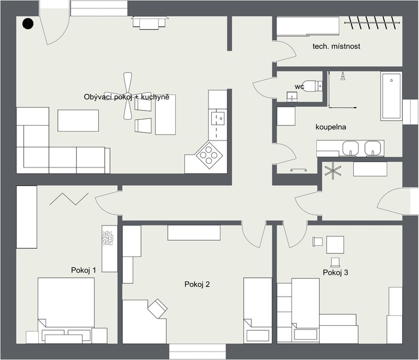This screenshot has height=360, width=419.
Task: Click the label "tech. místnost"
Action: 336,46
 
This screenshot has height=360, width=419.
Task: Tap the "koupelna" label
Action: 330,127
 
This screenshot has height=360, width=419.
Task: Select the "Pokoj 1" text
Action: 83,270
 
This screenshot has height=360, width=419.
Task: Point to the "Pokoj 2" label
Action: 197,284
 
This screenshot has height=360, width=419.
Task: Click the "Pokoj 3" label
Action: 335,273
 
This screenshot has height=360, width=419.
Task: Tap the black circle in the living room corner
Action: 28,24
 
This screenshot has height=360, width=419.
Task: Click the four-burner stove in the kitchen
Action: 209,155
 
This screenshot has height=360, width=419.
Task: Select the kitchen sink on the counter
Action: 217,118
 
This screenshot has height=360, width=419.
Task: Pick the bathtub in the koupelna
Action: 391,96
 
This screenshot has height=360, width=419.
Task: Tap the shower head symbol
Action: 342,77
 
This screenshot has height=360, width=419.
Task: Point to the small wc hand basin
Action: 292,96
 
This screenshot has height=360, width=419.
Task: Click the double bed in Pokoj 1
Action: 66,310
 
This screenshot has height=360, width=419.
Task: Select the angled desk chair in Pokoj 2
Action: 157,309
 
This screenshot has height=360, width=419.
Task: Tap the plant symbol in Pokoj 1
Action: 108,238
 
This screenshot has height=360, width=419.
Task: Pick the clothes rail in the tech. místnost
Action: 372,23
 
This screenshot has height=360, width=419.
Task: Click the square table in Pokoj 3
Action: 335,245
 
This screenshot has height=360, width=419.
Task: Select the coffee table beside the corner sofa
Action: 78,120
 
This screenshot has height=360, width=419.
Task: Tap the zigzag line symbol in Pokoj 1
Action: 69,199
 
